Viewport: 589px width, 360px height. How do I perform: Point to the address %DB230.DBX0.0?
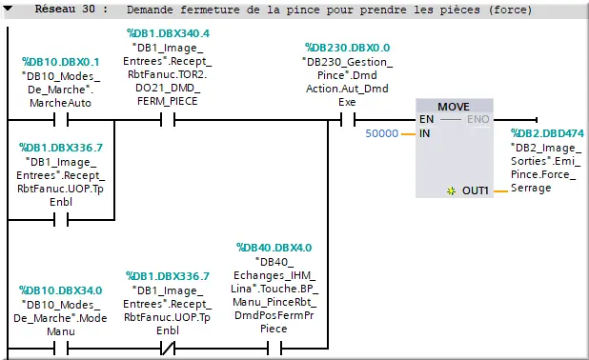[x=347, y=47]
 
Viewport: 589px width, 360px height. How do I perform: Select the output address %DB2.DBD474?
[x=547, y=134]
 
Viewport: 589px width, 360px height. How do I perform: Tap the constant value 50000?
[x=382, y=133]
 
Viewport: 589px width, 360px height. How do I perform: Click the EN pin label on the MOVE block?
[x=425, y=120]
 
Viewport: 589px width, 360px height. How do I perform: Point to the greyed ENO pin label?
[x=477, y=120]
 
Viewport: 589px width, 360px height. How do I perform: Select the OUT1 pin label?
[x=476, y=191]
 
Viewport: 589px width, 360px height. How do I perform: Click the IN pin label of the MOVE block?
[x=425, y=133]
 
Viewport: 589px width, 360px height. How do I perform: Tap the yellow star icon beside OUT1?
[x=451, y=191]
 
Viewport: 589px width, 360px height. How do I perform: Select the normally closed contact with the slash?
[x=168, y=349]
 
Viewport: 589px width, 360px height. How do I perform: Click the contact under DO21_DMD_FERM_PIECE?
[x=168, y=121]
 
